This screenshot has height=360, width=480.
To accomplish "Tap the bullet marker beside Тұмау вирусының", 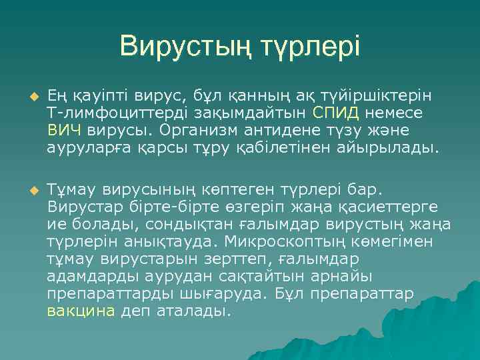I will tap(27, 191).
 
